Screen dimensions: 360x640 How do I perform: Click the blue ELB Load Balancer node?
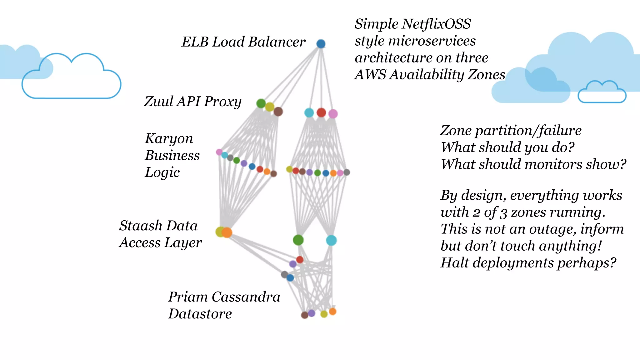click(x=321, y=44)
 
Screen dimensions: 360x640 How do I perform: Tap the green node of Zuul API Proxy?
click(x=261, y=103)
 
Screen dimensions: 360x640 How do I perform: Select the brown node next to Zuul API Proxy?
click(x=278, y=111)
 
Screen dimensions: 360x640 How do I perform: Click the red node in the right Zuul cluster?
click(x=321, y=112)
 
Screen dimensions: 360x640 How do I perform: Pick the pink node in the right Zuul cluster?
click(x=333, y=114)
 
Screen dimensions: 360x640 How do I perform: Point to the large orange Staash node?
click(x=227, y=232)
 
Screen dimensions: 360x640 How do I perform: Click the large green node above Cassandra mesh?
click(x=298, y=240)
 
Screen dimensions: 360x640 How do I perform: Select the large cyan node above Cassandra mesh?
click(x=331, y=240)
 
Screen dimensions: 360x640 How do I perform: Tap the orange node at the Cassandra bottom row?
click(x=332, y=311)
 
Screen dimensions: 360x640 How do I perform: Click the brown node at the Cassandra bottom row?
click(x=304, y=315)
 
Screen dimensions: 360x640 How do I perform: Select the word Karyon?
click(x=169, y=139)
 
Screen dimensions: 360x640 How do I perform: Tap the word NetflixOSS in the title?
click(x=436, y=24)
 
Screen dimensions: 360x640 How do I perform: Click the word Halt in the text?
click(x=454, y=262)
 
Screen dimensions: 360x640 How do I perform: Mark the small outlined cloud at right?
click(x=602, y=93)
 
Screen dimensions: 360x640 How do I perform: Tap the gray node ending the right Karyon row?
click(x=347, y=172)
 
